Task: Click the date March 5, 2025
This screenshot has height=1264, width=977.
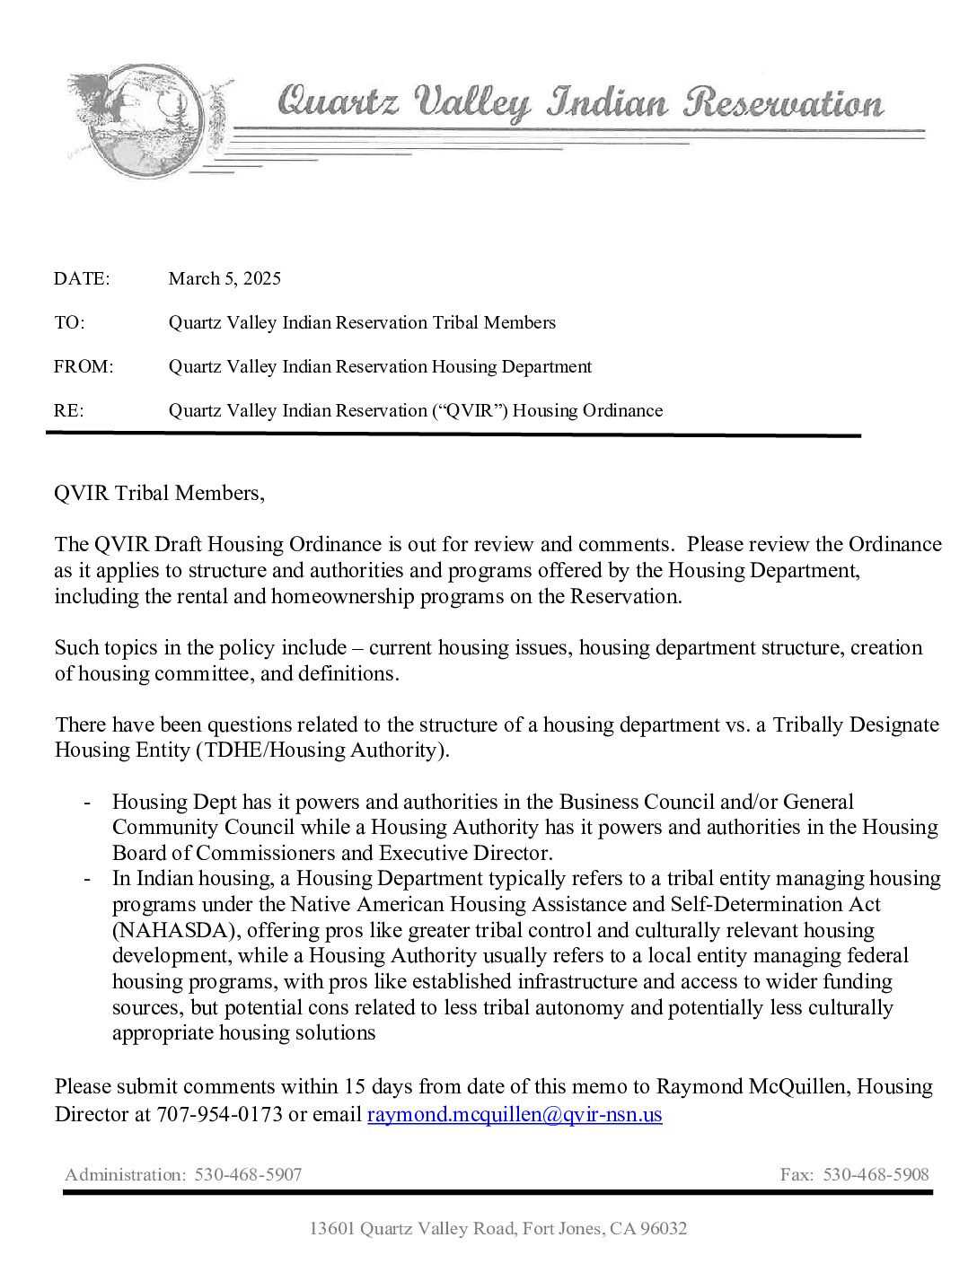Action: (224, 278)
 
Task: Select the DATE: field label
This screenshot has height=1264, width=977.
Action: (82, 278)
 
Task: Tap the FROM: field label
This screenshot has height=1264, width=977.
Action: (84, 366)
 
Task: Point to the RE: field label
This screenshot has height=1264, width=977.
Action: (69, 410)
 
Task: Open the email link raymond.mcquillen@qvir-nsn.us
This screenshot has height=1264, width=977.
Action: (515, 1115)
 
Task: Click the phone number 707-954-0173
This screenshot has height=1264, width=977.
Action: (219, 1115)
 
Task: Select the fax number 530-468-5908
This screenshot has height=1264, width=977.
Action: (876, 1174)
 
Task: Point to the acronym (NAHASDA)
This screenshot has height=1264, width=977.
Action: (168, 930)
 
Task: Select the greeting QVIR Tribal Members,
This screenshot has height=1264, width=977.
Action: (160, 493)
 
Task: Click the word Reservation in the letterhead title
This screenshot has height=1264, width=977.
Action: (783, 102)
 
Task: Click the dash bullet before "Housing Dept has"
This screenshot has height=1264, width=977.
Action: (87, 802)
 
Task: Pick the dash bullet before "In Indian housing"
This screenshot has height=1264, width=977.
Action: (87, 879)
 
